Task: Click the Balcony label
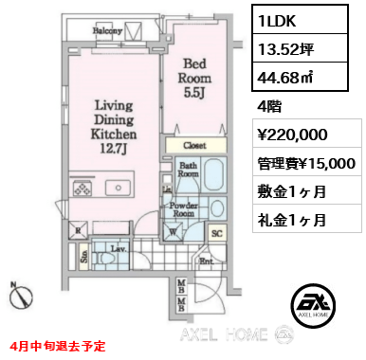point(107,30)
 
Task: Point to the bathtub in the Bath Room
point(212,175)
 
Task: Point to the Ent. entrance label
point(204,258)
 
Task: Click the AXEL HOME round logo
point(313,303)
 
